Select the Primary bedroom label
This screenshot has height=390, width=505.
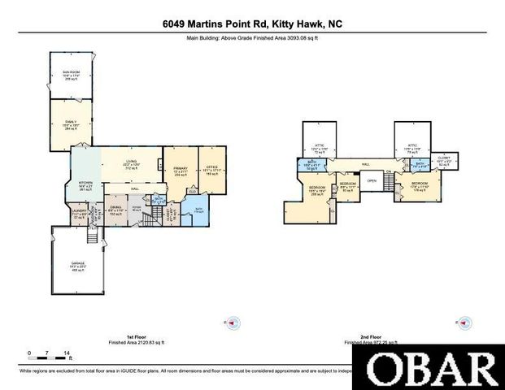coord(180,171)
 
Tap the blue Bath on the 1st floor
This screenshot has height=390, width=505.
coord(198,210)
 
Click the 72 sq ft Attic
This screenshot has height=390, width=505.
coord(319,149)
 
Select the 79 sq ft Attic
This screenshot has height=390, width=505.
coord(411,149)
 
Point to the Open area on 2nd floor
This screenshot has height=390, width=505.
coord(372,180)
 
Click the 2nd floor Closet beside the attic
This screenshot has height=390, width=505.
coord(443,160)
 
